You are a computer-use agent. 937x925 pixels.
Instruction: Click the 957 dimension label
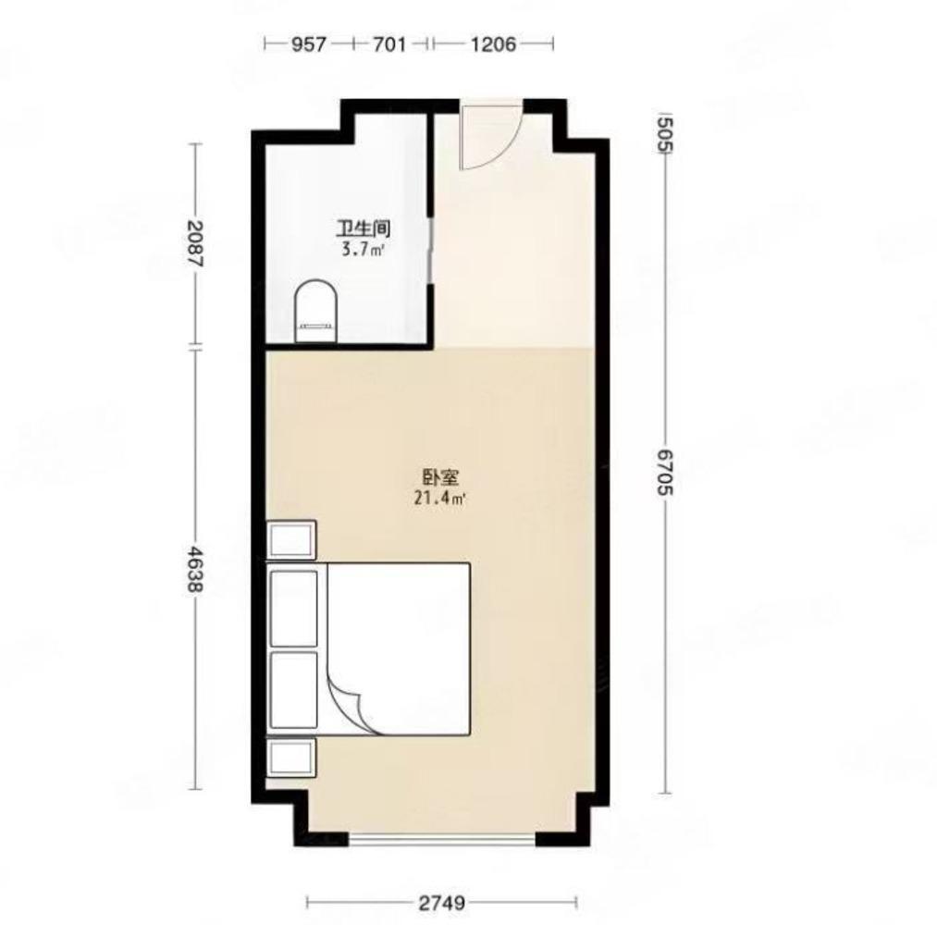308,44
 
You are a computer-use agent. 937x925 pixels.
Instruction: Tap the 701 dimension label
389,44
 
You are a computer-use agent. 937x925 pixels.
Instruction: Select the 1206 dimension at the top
493,44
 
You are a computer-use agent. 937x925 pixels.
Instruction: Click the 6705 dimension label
664,473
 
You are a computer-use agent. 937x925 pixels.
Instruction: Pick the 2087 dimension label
195,244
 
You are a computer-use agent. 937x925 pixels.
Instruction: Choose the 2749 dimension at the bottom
441,902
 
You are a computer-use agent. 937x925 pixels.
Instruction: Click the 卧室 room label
440,477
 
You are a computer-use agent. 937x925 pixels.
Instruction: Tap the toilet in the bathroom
315,312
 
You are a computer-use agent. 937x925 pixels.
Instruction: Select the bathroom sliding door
431,250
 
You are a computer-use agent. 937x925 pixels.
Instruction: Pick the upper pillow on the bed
293,609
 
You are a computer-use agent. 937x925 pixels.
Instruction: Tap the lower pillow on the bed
293,690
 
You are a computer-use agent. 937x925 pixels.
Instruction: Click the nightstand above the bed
290,540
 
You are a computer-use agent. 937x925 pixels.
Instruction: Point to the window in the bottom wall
442,840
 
